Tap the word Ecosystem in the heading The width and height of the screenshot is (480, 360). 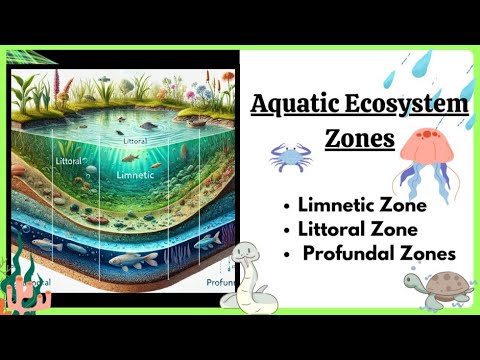(409, 103)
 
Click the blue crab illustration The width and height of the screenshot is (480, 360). (289, 155)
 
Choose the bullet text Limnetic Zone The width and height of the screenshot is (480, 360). (363, 205)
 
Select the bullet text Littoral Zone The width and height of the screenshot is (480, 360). (358, 229)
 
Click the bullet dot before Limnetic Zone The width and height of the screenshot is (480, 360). (288, 206)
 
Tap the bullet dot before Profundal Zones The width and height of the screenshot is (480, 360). (288, 254)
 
